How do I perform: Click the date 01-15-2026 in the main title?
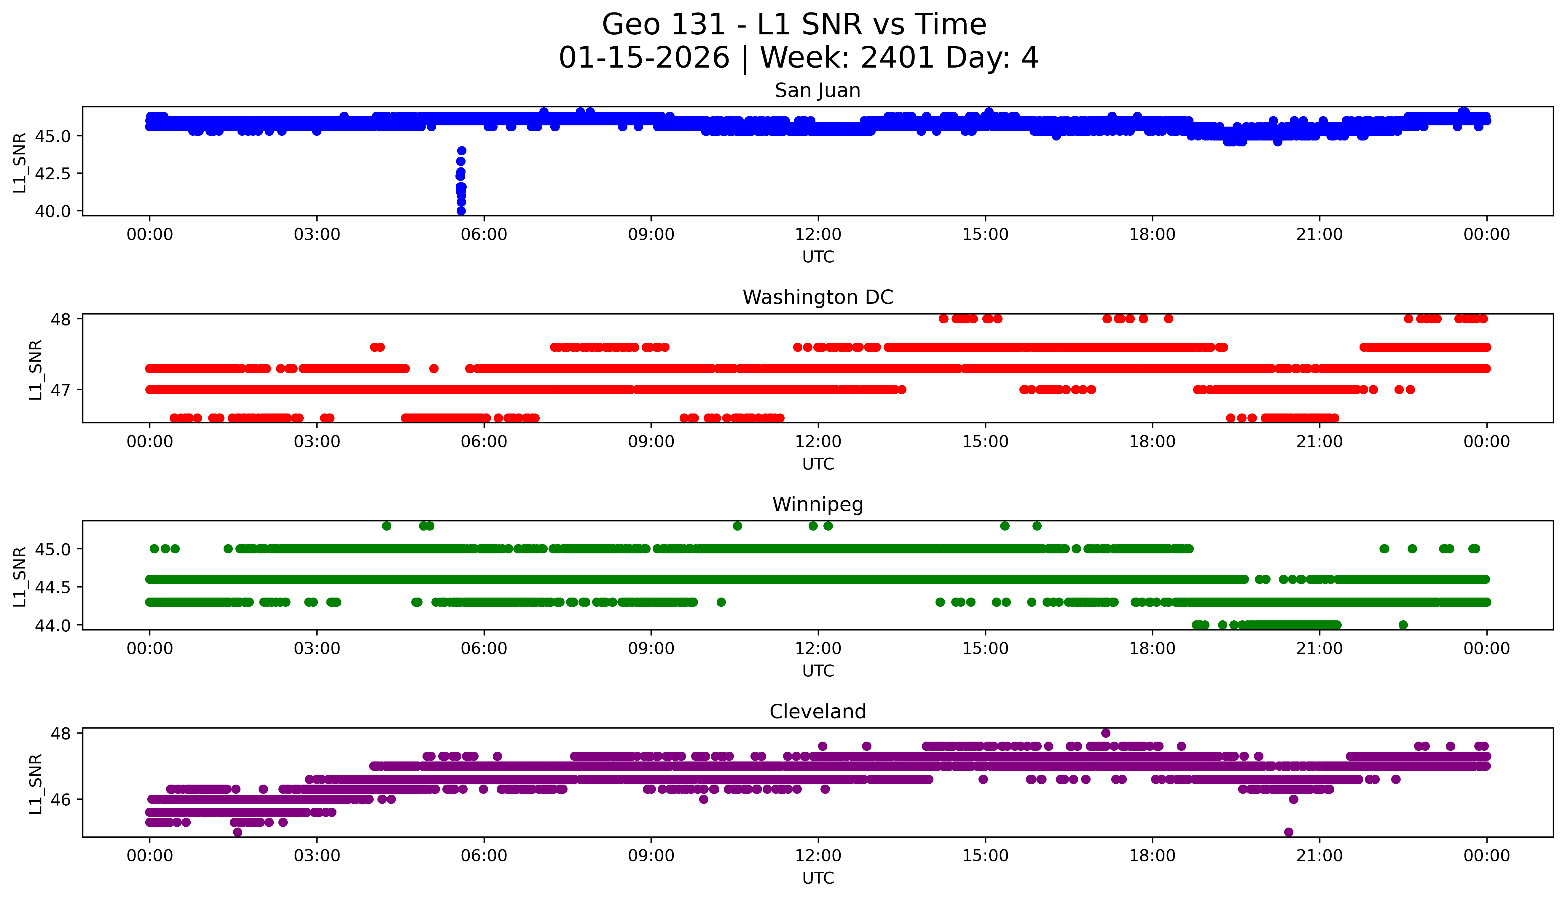(643, 58)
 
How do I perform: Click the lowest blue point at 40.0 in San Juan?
(461, 210)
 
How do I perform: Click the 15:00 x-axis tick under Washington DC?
(985, 441)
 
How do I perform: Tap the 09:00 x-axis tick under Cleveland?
(651, 856)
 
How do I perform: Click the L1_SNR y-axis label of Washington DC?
(36, 369)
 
